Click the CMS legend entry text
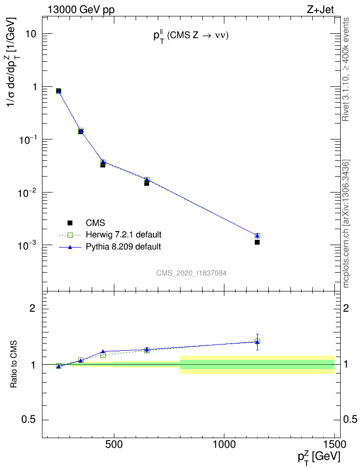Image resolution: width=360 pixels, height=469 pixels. [x=95, y=223]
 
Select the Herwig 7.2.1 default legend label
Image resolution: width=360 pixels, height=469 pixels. [x=123, y=235]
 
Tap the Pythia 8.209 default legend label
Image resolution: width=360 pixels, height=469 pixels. [x=123, y=247]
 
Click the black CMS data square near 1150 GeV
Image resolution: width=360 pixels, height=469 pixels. [x=257, y=242]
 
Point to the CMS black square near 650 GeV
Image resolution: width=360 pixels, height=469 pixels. [x=147, y=183]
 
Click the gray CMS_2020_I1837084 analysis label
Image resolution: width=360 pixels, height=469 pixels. [x=192, y=273]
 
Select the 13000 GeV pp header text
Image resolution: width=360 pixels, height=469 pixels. [x=81, y=9]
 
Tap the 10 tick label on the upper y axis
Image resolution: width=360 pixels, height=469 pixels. [x=33, y=35]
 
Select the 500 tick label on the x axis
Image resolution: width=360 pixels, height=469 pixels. [x=114, y=444]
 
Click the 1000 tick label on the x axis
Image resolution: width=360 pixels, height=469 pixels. [x=224, y=444]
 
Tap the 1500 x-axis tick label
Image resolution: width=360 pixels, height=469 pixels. [x=333, y=444]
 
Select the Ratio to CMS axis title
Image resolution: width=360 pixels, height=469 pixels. [x=16, y=364]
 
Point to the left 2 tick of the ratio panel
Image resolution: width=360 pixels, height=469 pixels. [x=33, y=308]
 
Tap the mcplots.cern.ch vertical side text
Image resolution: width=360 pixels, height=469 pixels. [x=346, y=224]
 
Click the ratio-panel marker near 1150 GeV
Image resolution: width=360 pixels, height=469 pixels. [x=257, y=342]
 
